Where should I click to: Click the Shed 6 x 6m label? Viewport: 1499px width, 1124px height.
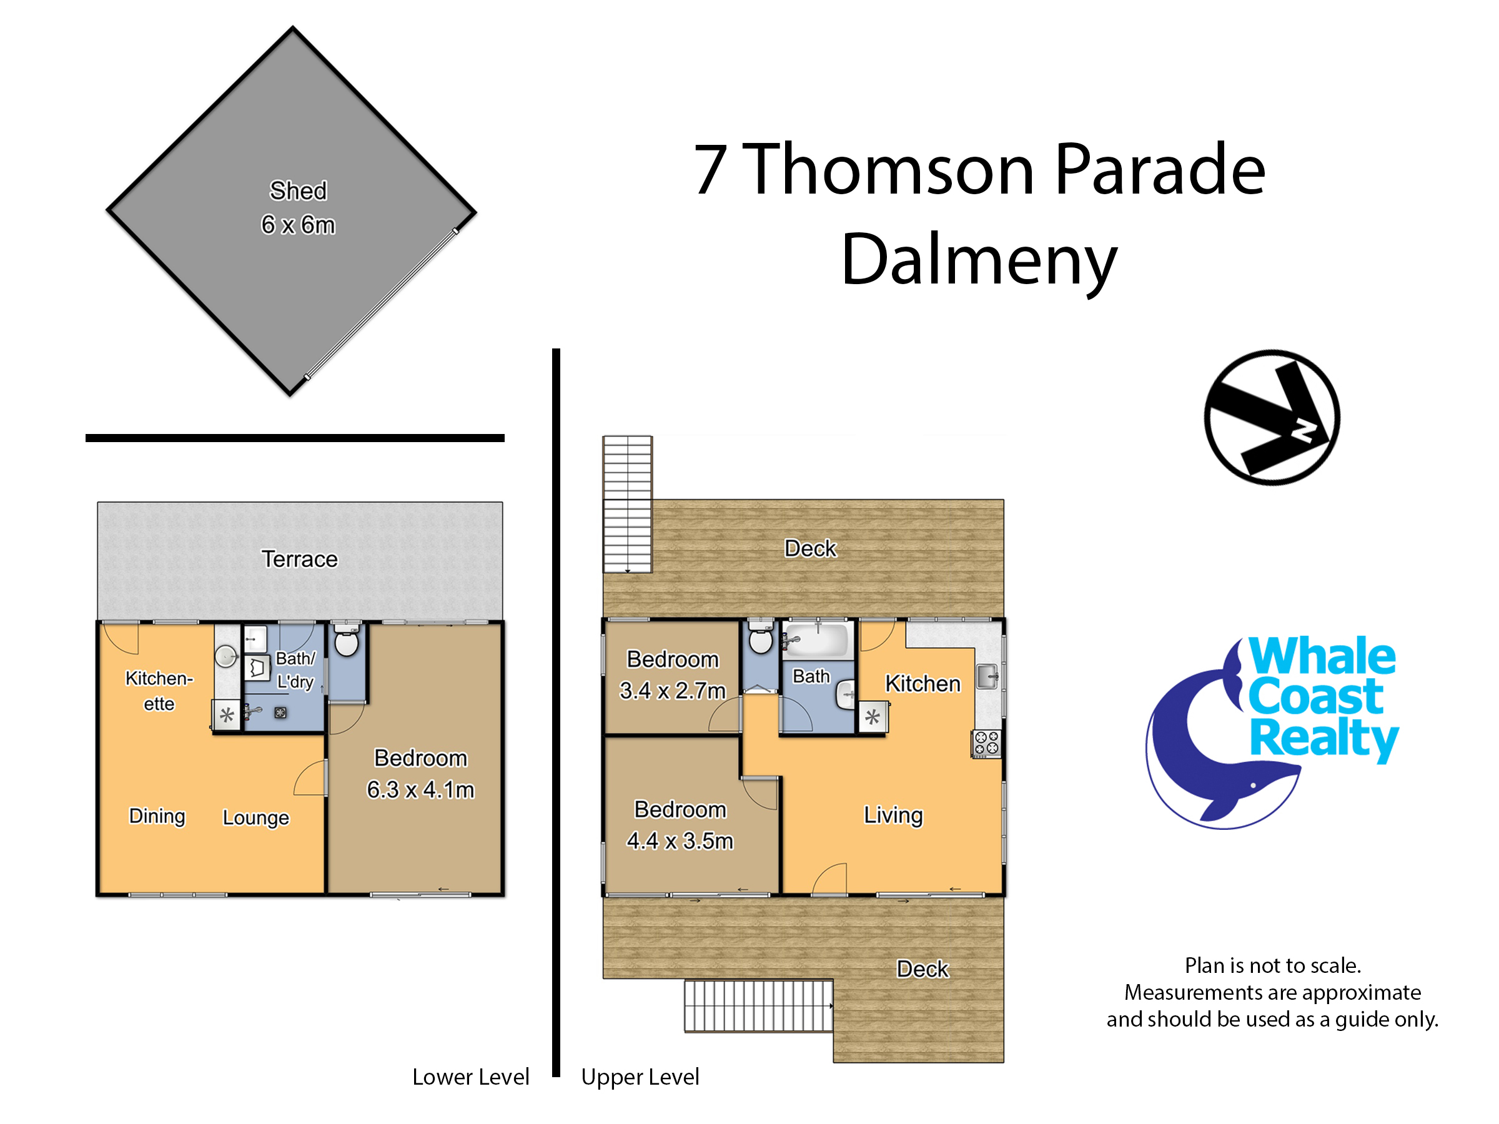[298, 207]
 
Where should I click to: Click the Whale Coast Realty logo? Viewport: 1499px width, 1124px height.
[1272, 732]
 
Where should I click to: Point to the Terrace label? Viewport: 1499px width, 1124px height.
[300, 559]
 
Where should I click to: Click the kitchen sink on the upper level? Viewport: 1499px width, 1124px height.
[987, 676]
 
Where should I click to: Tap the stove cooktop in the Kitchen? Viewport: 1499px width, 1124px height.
[986, 743]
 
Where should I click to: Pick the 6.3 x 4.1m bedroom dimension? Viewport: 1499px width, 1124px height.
[421, 790]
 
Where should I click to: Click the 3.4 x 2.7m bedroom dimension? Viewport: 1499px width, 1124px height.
[672, 691]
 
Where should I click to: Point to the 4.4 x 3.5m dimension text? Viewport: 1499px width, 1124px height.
[680, 841]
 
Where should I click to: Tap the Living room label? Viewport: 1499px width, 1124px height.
[893, 815]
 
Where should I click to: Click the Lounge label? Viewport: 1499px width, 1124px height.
[255, 818]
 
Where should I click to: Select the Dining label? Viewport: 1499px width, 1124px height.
[157, 816]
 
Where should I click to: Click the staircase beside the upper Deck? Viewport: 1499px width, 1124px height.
[628, 504]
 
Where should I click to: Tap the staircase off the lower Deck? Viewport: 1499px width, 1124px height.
[758, 1006]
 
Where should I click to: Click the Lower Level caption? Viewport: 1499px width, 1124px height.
[471, 1077]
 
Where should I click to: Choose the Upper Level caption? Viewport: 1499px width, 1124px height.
[640, 1077]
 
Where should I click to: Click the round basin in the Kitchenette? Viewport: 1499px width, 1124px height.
[225, 656]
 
